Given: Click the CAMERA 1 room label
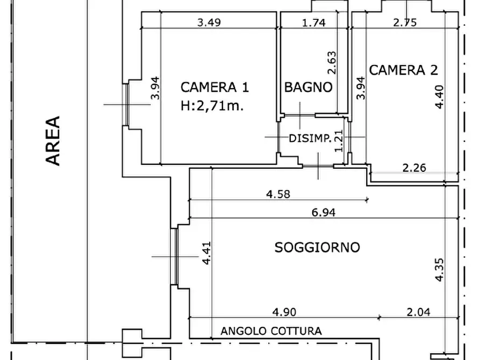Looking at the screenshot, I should click(214, 87).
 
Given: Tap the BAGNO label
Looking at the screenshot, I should click(308, 87).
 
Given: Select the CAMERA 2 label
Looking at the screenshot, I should click(403, 69).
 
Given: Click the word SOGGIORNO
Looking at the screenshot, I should click(317, 247).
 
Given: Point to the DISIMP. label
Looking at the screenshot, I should click(310, 139).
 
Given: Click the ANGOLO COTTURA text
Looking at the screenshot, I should click(271, 331).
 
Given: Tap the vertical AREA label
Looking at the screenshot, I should click(53, 140).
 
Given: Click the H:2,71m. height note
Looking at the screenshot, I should click(212, 106).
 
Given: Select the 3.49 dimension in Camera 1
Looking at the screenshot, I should click(210, 23).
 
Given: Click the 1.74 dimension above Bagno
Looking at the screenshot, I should click(313, 23).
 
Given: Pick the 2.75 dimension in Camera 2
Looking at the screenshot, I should click(405, 23).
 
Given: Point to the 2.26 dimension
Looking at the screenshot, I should click(414, 168).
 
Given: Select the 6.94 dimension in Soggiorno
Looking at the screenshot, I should click(324, 212).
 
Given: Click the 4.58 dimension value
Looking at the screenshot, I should click(278, 195).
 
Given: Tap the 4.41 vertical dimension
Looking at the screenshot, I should click(206, 253).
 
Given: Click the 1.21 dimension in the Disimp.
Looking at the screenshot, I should click(339, 140).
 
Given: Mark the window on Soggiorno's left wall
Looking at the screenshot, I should click(175, 257).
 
